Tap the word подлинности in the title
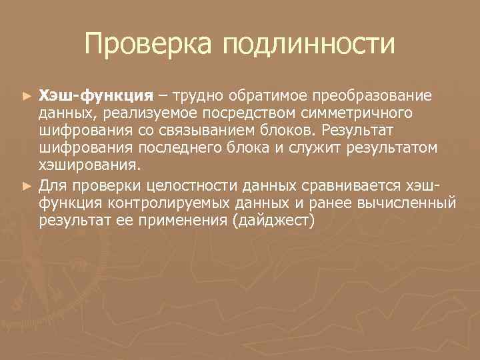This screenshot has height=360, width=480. [x=309, y=45]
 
